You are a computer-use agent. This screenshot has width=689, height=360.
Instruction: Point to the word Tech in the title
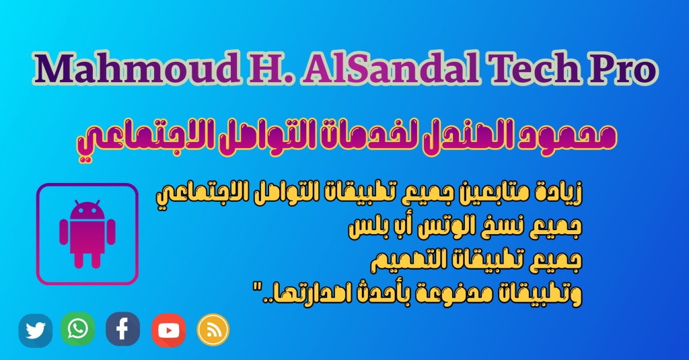(533, 68)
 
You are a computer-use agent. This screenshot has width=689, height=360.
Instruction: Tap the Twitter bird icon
(36, 330)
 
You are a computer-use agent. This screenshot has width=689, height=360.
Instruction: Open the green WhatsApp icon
(78, 329)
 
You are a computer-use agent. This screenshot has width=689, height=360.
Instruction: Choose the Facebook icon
(123, 329)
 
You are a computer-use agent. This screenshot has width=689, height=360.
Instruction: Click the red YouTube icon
(169, 330)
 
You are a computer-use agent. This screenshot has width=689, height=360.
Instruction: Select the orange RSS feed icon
(213, 330)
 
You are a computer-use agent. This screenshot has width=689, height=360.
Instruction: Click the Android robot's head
(87, 211)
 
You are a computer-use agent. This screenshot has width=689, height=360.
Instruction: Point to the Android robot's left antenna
(77, 203)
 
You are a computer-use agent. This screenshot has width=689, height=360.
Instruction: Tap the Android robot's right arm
(111, 232)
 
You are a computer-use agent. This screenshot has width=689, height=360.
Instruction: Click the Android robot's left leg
(79, 259)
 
